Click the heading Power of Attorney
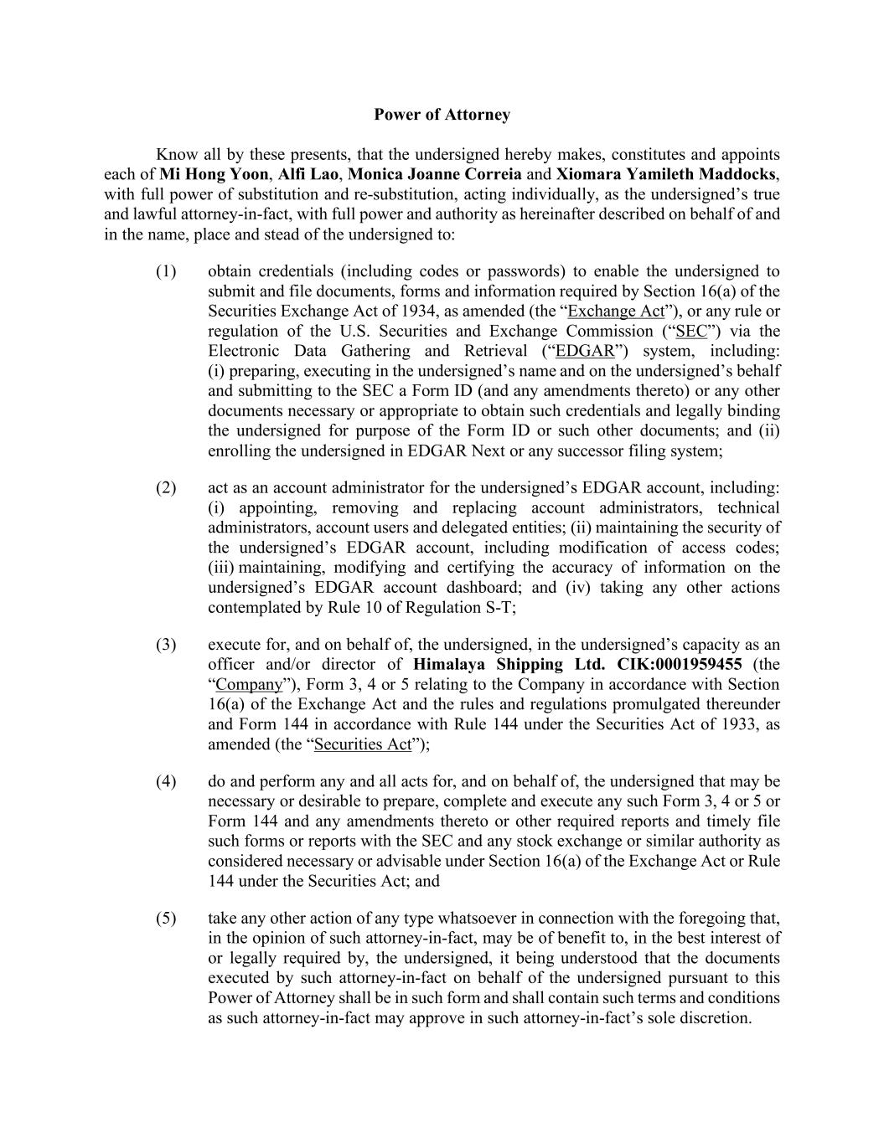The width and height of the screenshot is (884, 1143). [442, 115]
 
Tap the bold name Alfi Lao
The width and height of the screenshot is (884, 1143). [308, 174]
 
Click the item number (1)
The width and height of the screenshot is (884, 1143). [166, 271]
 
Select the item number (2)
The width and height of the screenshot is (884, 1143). [166, 487]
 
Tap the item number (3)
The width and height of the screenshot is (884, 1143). [166, 644]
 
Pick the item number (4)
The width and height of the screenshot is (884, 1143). [166, 781]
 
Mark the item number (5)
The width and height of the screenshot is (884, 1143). [166, 918]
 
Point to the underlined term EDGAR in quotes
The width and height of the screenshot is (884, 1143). [585, 351]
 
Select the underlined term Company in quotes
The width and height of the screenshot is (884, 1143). [249, 684]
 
